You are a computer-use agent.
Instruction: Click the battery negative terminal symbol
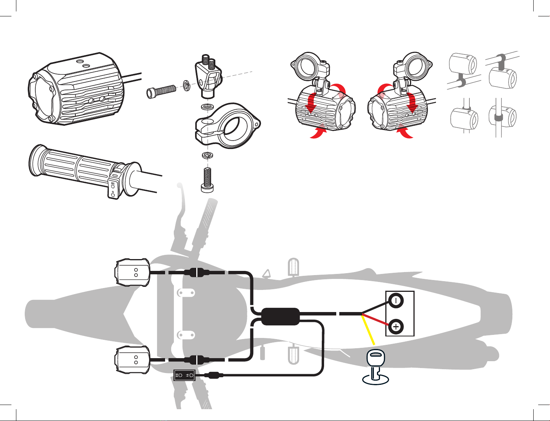click(x=396, y=301)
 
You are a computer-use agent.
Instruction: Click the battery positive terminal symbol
click(x=396, y=327)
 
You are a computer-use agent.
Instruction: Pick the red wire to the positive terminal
click(x=377, y=320)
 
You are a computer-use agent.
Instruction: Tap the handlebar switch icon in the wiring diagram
click(x=185, y=375)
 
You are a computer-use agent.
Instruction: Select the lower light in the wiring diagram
click(x=132, y=359)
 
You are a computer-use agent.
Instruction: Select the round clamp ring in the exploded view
click(x=228, y=126)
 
